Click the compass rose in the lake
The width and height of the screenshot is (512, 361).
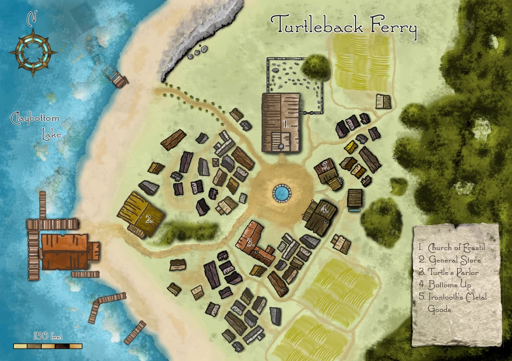(34, 52)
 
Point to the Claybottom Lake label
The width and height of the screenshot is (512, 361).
(36, 126)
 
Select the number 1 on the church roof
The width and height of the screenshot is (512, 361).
(287, 124)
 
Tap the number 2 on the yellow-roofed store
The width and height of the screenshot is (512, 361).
(149, 218)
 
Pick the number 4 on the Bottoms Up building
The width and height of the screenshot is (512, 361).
(324, 210)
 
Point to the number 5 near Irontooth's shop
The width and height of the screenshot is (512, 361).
(326, 166)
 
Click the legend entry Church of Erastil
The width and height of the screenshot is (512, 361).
(453, 248)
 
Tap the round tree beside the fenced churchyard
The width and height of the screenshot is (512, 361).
(315, 66)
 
